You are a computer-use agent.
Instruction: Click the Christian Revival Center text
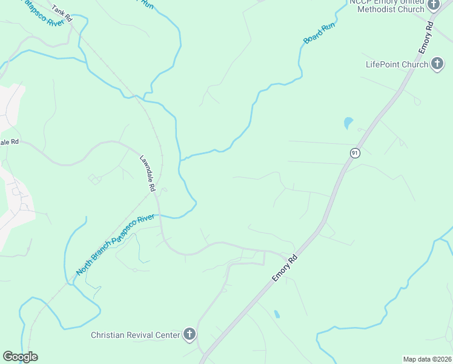tap(136, 335)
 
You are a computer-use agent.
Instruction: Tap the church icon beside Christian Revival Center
tap(190, 334)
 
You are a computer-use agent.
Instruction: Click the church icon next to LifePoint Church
tap(437, 64)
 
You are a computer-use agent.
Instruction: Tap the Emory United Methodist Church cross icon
tap(433, 5)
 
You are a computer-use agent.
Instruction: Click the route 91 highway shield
tap(355, 153)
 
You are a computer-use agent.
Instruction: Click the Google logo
tap(20, 357)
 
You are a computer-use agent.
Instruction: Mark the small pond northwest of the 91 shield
tap(348, 123)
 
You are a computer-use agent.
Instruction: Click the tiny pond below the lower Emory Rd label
tap(277, 314)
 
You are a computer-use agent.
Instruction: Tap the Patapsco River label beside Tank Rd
tap(39, 12)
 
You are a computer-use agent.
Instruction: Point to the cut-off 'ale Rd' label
tap(10, 142)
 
